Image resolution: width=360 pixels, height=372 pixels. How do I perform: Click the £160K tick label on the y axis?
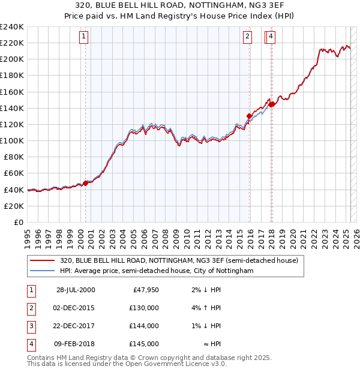[11, 92]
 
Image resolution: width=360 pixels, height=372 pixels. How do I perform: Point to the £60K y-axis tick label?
[13, 173]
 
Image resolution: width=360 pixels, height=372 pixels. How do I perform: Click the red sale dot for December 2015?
[249, 116]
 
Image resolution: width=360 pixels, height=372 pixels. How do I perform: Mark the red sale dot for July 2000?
[86, 183]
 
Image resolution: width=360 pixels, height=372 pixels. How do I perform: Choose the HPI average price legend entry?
[157, 271]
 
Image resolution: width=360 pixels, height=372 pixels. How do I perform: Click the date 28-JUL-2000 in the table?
[75, 290]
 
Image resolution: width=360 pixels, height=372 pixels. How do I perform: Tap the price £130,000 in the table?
[144, 308]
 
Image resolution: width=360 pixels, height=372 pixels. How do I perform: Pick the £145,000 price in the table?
[144, 344]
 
